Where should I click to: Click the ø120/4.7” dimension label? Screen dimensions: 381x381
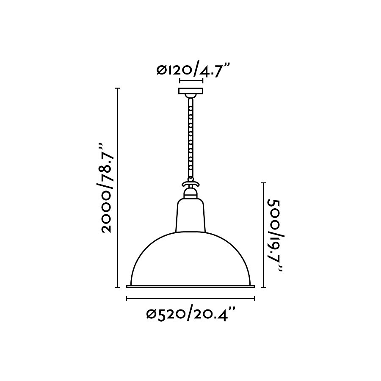coord(193,69)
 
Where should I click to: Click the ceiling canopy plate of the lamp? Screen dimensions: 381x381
coord(191,91)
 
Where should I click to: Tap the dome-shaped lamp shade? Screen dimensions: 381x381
coord(190,258)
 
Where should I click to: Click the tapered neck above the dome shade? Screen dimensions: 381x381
coord(190,216)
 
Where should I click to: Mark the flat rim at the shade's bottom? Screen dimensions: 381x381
coord(190,287)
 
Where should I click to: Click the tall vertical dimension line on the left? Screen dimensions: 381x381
coord(118,188)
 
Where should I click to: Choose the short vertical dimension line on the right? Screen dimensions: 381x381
coord(264,235)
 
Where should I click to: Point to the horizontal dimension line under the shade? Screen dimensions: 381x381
coord(190,299)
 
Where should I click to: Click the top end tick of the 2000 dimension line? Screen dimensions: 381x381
coord(118,88)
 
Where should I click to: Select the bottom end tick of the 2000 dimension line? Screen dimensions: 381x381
coord(118,288)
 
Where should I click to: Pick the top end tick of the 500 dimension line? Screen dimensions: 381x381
coord(264,182)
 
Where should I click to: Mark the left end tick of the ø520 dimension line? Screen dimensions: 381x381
coord(127,299)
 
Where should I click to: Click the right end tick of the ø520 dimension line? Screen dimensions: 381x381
coord(254,299)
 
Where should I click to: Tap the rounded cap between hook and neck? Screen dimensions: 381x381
coord(190,193)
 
